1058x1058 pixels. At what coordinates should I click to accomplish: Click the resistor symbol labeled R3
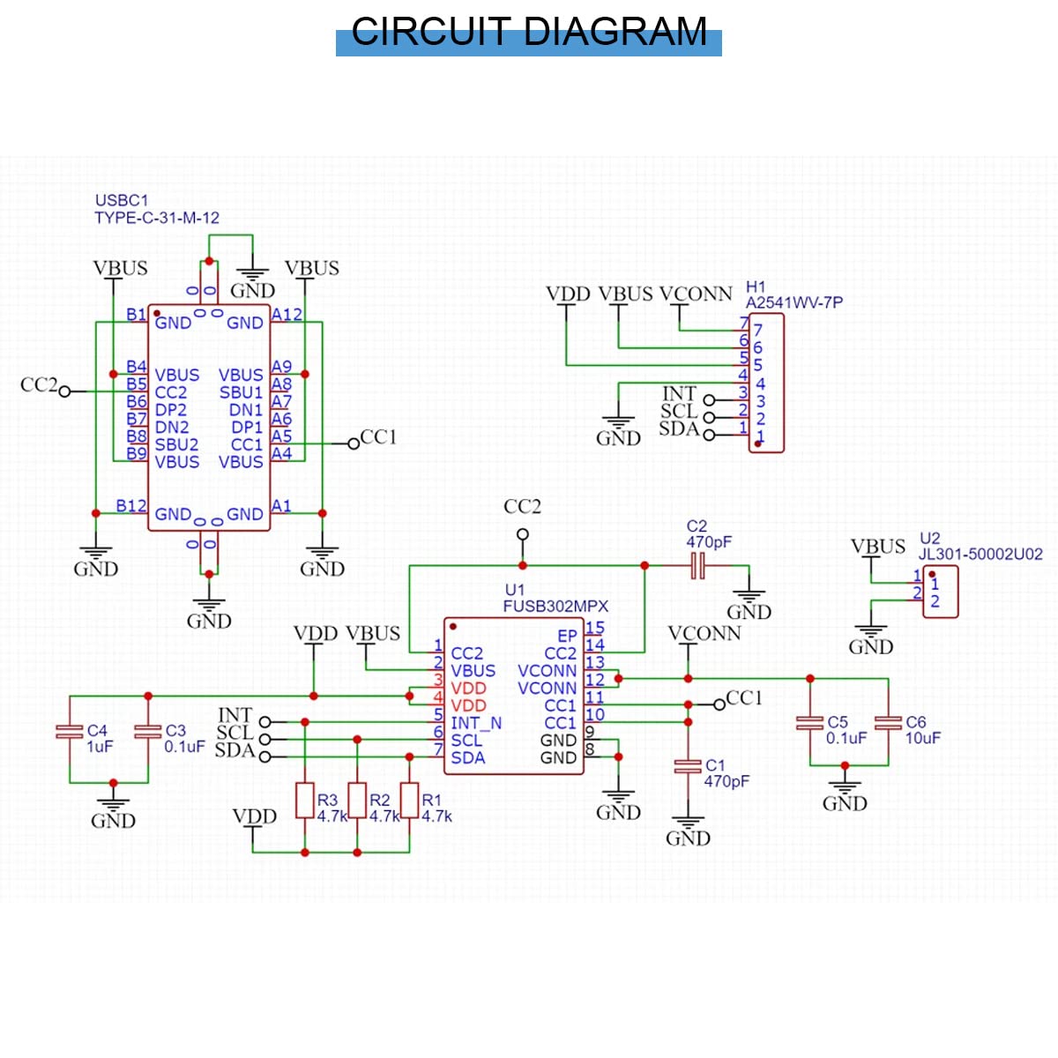click(x=305, y=800)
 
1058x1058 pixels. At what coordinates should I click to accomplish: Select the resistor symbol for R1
click(x=409, y=800)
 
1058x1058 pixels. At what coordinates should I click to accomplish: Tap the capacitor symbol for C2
click(x=697, y=565)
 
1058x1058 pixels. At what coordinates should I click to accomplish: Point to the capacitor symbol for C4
click(x=70, y=731)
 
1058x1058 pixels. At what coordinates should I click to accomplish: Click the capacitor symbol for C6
click(x=888, y=723)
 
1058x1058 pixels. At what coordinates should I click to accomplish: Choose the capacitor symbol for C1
click(x=688, y=766)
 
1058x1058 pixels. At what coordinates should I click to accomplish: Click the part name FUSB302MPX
click(x=555, y=606)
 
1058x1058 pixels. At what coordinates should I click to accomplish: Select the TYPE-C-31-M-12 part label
click(x=157, y=218)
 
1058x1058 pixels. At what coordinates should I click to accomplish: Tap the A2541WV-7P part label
click(x=793, y=302)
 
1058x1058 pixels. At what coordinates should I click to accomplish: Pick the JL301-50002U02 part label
click(x=980, y=554)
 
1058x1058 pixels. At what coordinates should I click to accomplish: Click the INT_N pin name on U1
click(x=476, y=723)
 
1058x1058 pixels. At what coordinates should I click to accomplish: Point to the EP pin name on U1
click(x=567, y=636)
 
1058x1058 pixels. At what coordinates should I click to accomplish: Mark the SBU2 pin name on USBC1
click(x=177, y=444)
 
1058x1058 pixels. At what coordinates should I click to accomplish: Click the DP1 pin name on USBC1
click(x=247, y=427)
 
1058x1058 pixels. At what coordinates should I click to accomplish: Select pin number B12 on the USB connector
click(x=131, y=505)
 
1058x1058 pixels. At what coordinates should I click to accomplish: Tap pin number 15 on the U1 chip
click(x=595, y=628)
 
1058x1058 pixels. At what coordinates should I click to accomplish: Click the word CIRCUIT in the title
click(x=431, y=31)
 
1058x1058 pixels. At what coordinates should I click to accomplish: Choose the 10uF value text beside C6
click(x=923, y=738)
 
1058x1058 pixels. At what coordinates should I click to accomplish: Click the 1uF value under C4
click(x=100, y=746)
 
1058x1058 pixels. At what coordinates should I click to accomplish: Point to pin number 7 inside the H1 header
click(x=757, y=330)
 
